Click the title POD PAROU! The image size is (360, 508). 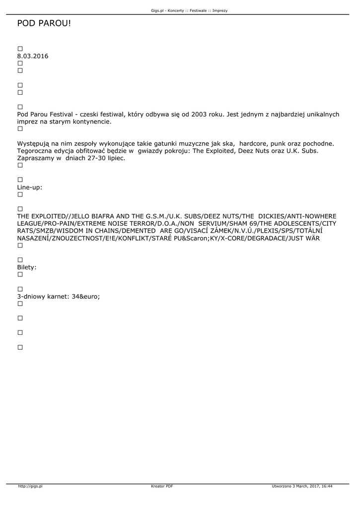click(x=44, y=23)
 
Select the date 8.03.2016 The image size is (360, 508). click(x=33, y=56)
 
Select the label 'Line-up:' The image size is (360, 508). click(x=30, y=187)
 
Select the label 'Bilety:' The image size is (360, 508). click(x=27, y=267)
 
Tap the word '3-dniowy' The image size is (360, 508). click(x=31, y=296)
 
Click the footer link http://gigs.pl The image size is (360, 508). click(x=30, y=486)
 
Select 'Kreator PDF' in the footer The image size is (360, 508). click(x=162, y=486)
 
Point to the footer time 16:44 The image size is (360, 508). click(x=326, y=486)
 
